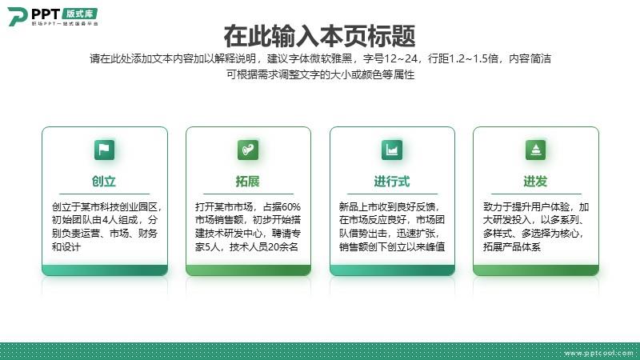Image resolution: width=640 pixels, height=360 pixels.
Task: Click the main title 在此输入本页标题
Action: (319, 36)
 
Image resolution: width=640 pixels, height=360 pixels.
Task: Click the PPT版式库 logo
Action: (53, 17)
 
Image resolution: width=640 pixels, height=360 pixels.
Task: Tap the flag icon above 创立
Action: (105, 150)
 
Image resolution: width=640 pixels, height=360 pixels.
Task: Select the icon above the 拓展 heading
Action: (248, 150)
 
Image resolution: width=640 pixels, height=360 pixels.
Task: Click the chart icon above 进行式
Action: (392, 150)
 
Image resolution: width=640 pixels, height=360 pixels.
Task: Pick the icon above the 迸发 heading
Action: (535, 150)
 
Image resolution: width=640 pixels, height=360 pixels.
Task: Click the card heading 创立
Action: (104, 182)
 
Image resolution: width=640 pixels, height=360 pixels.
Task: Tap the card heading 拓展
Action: (248, 182)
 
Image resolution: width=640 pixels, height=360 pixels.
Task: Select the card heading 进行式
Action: (392, 182)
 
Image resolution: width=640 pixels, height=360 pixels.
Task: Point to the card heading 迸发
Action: (535, 182)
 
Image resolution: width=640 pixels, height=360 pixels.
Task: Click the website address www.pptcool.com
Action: (598, 353)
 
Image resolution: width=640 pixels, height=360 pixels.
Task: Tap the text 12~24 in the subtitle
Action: (400, 58)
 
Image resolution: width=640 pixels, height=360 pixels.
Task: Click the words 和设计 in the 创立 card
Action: (66, 246)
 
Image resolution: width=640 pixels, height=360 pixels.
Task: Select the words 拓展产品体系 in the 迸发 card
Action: (512, 246)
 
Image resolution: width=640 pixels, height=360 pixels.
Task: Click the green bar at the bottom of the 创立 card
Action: (105, 270)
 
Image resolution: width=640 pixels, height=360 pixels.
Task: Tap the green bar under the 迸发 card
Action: (536, 270)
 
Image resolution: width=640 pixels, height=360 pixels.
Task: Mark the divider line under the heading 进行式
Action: (392, 194)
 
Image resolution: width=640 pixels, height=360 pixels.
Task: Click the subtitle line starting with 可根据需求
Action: (321, 74)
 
